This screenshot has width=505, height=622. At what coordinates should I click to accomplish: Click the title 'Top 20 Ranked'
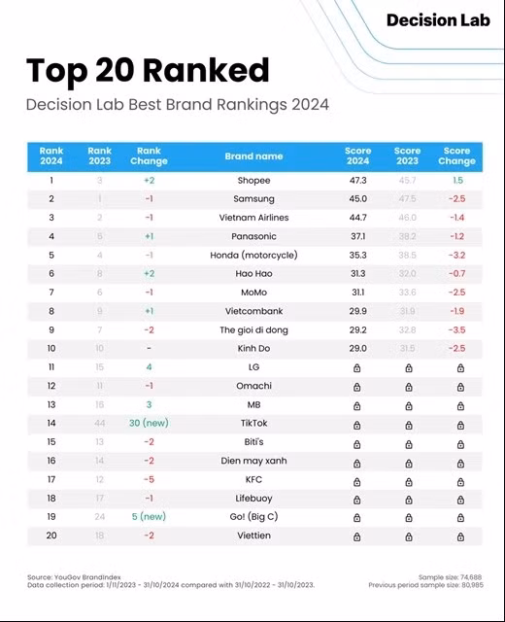148,70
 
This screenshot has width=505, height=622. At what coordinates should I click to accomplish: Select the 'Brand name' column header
253,155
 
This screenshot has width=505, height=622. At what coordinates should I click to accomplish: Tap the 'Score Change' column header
456,155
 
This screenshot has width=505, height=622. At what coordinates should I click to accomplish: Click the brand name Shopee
253,181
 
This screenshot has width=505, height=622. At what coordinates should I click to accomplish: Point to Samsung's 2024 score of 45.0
357,199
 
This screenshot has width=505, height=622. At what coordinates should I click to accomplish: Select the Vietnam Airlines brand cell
253,218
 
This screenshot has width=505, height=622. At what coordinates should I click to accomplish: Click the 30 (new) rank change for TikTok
149,424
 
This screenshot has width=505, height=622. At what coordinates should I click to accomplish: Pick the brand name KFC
253,479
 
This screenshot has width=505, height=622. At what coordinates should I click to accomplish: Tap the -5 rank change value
149,479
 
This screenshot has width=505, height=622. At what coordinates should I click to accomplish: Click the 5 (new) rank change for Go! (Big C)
149,517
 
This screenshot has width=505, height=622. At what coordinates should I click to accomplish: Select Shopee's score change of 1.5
456,181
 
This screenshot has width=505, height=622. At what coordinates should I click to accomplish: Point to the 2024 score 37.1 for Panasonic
357,236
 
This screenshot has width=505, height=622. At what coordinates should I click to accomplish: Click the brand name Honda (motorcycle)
253,256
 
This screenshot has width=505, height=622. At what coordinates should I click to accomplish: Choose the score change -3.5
456,330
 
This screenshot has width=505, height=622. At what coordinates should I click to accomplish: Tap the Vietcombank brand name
253,311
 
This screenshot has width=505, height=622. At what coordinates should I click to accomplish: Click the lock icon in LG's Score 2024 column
357,367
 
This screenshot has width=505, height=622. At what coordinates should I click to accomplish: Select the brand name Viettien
253,536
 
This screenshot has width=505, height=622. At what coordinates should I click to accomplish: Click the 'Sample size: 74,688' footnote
450,577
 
